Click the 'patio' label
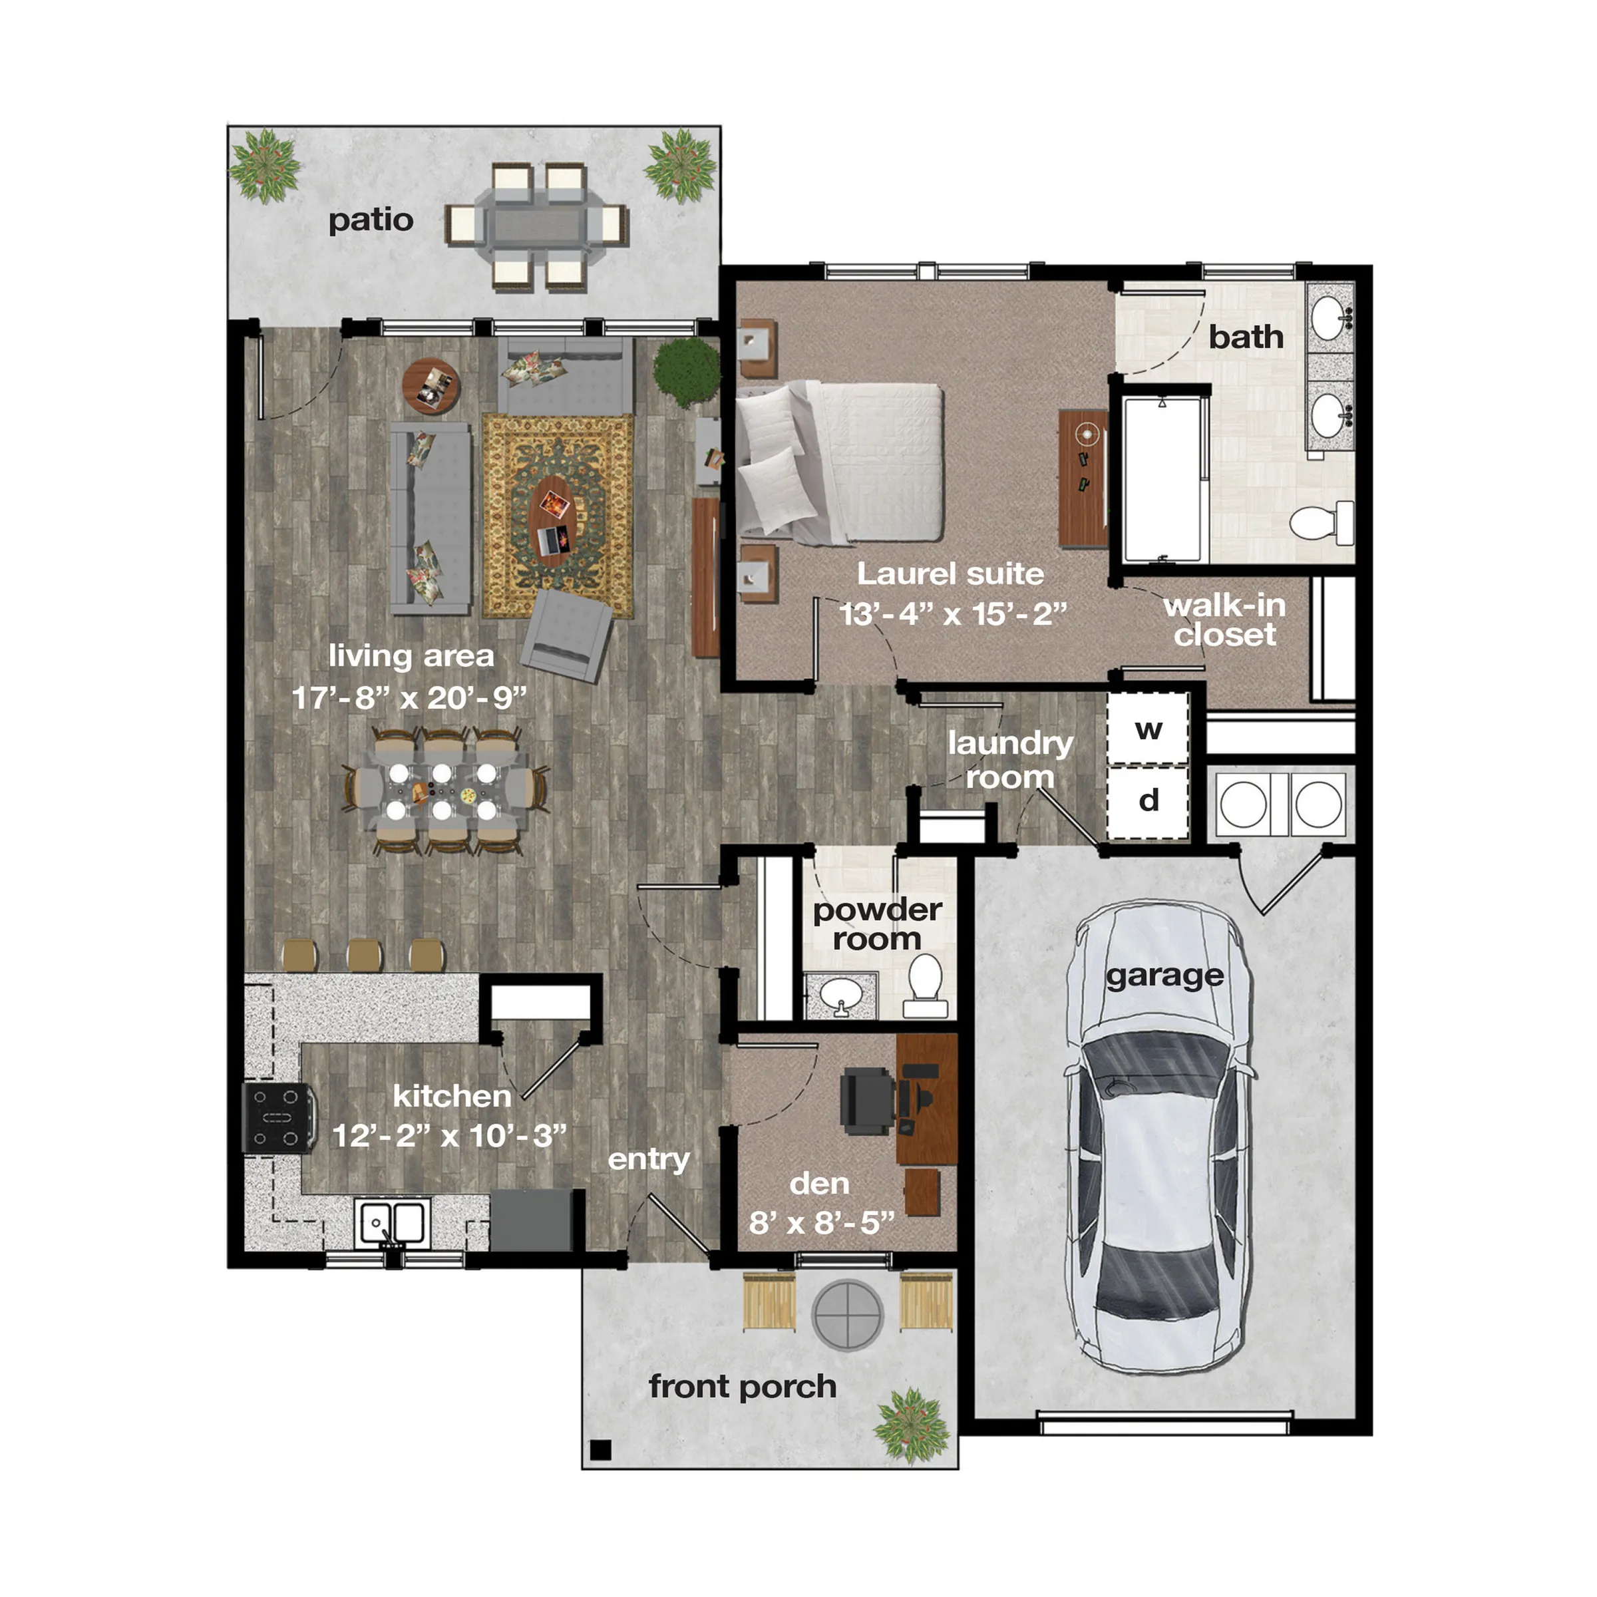[x=371, y=220]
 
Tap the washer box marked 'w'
[x=1147, y=729]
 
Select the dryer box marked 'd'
[x=1147, y=800]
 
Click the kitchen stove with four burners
[x=277, y=1118]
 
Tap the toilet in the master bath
[x=1323, y=522]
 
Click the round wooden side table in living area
[x=431, y=386]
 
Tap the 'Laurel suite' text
[x=950, y=574]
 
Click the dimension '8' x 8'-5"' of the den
[x=821, y=1222]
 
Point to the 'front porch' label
[x=741, y=1386]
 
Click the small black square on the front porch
[x=601, y=1449]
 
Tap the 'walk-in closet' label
[x=1224, y=620]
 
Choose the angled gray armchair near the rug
[x=567, y=635]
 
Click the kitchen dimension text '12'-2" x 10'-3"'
[x=449, y=1136]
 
